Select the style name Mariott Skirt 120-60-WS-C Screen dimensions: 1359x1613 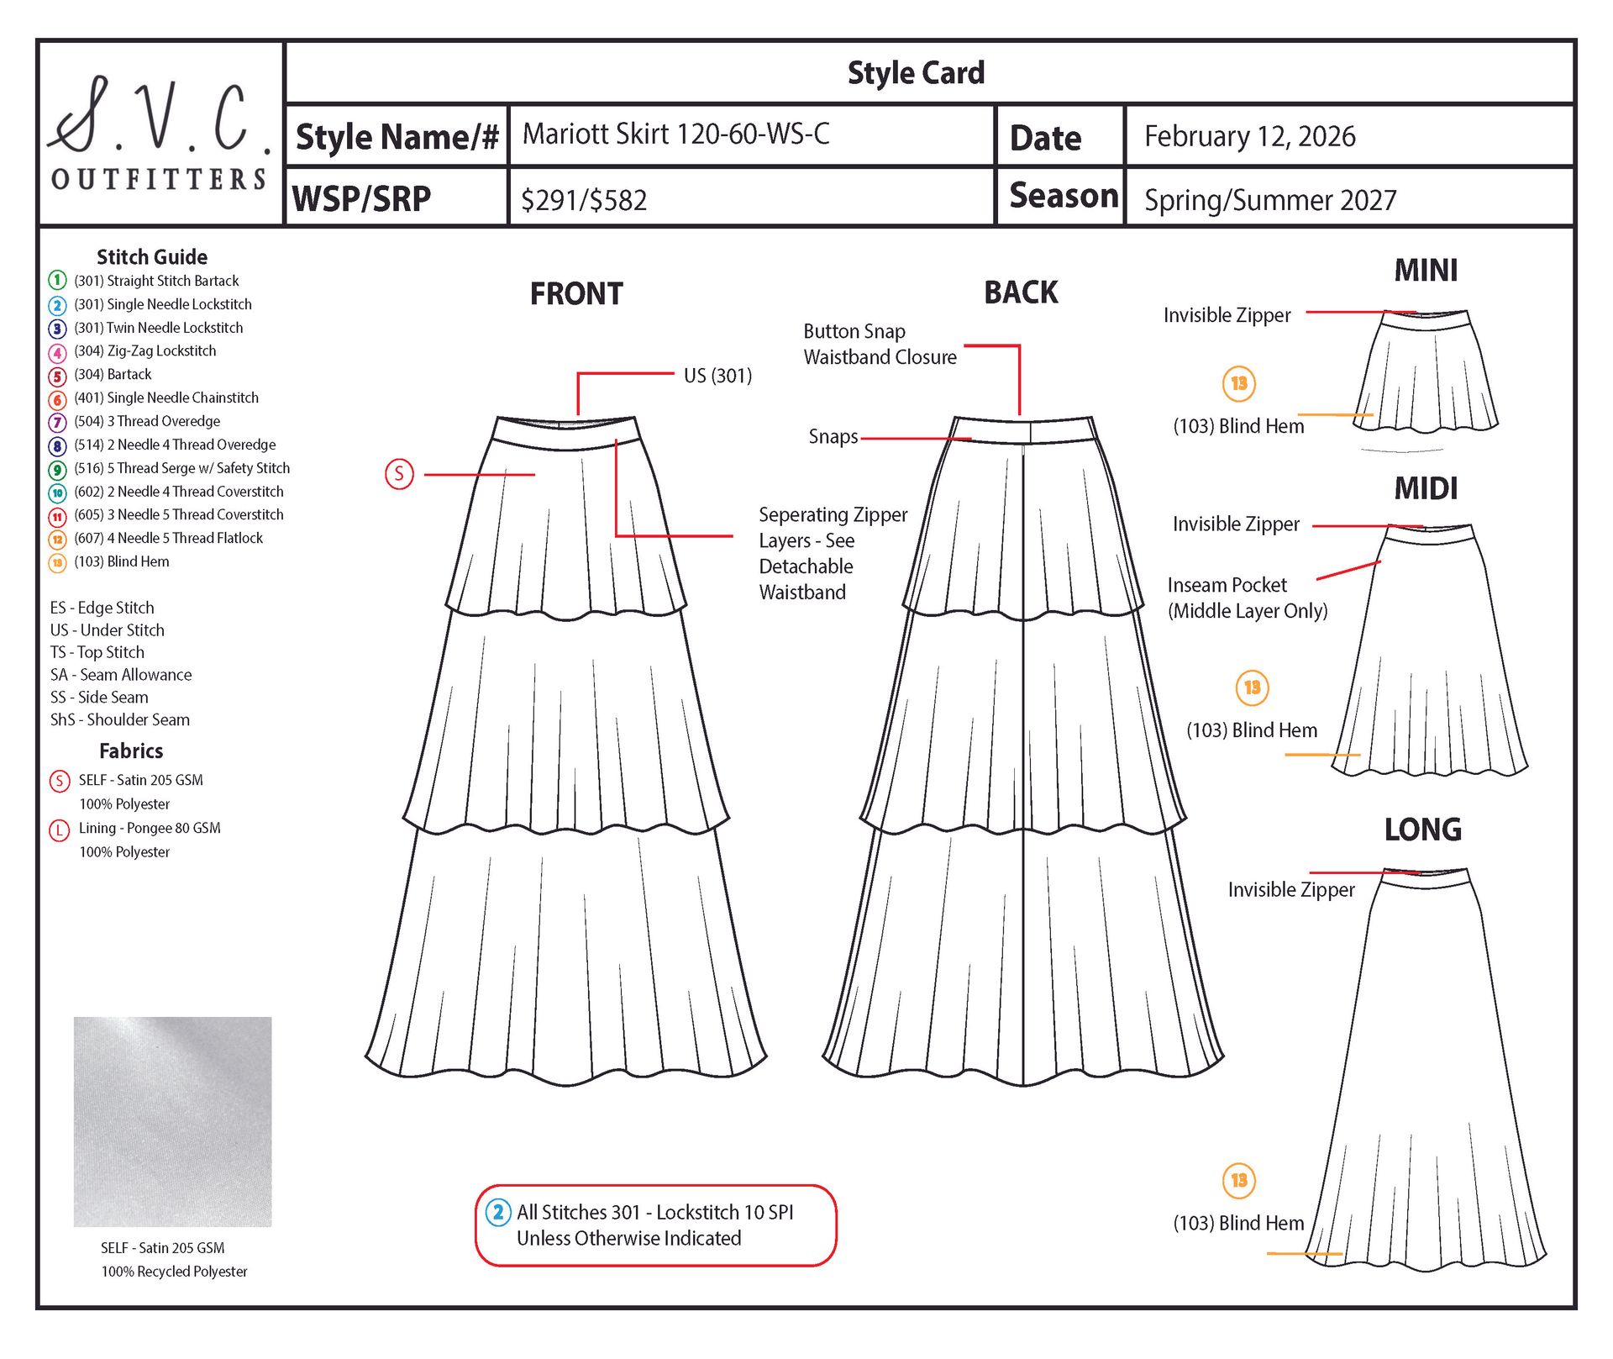coord(675,134)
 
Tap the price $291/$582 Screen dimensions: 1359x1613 coord(584,200)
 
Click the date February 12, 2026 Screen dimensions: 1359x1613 coord(1249,136)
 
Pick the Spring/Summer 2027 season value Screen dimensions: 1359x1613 coord(1269,200)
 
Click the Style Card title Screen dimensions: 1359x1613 coord(916,73)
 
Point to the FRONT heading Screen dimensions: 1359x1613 coord(576,294)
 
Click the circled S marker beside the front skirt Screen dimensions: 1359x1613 coord(399,474)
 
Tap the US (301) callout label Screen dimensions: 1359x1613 coord(717,376)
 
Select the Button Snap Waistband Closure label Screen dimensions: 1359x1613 coord(879,345)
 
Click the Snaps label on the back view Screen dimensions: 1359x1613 coord(833,437)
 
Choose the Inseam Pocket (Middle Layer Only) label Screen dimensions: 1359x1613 coord(1247,598)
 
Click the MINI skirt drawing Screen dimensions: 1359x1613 coord(1426,372)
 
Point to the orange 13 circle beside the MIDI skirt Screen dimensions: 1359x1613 coord(1252,687)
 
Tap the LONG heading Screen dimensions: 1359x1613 coord(1422,830)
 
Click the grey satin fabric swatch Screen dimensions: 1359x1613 coord(172,1121)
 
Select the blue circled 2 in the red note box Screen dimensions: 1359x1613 coord(498,1212)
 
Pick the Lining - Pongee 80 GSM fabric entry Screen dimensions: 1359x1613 coord(149,828)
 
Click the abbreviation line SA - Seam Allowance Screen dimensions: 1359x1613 coord(121,675)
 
